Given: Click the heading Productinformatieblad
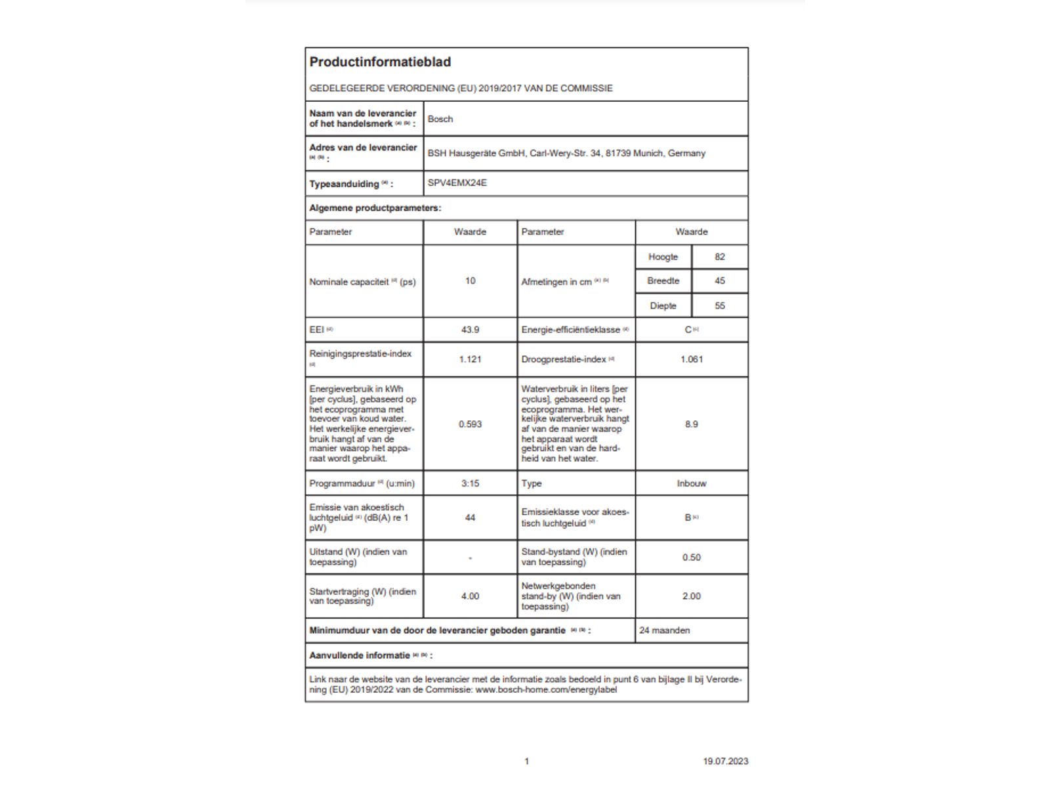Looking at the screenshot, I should (380, 62).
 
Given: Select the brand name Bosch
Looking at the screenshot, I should (440, 119).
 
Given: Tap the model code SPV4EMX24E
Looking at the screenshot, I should (457, 183).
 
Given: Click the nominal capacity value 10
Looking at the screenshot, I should (470, 281).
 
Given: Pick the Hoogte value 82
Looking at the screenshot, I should (720, 257).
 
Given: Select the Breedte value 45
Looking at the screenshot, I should (720, 281).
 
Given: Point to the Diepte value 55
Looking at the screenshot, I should (720, 306).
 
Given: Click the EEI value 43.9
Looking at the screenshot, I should (470, 330).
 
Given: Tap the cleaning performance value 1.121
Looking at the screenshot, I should (470, 359).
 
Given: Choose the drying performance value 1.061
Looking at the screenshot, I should (692, 359).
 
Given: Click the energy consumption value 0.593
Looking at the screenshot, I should (470, 424).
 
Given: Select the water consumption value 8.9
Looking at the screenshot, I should (692, 424).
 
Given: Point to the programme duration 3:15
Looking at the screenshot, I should (470, 483).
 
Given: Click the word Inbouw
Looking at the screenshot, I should (692, 483).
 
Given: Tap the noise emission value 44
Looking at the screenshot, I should (470, 517).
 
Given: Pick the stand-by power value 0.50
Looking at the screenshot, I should (692, 558).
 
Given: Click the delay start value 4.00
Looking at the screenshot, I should (470, 596).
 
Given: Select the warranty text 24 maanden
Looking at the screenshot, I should (665, 630).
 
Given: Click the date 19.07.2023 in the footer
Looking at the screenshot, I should (725, 761).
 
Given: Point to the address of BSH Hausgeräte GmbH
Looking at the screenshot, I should (566, 153).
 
